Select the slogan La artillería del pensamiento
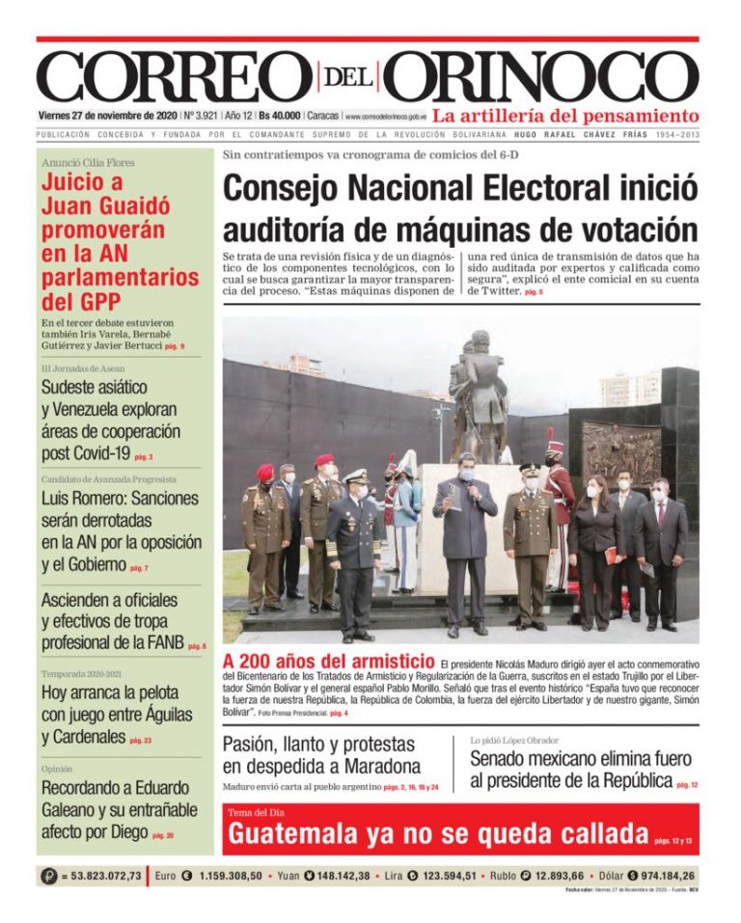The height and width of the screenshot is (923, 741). pos(564,116)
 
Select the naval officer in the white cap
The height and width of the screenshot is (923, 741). pos(354,550)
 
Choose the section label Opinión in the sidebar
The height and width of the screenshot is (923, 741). pos(58,769)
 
